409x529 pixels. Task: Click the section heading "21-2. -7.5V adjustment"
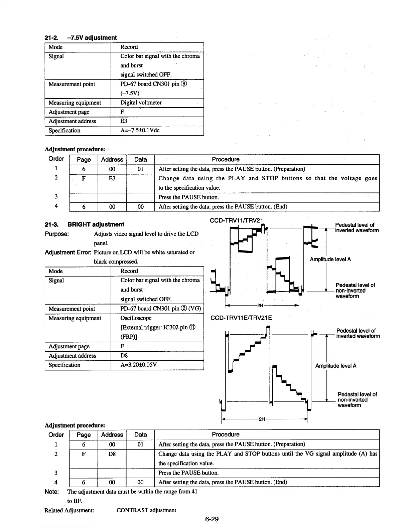point(81,38)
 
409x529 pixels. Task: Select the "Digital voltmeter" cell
point(141,103)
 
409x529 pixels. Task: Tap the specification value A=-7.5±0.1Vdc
point(140,130)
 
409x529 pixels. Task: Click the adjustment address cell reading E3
point(124,121)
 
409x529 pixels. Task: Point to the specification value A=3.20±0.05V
point(138,365)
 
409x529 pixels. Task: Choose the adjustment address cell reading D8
point(124,355)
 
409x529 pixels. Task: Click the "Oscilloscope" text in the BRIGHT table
point(136,318)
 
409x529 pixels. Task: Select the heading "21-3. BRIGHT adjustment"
point(84,224)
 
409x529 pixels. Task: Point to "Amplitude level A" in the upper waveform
point(330,259)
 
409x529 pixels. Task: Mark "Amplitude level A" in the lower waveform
point(335,366)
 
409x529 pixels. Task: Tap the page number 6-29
point(212,519)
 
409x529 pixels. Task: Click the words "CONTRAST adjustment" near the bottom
point(146,510)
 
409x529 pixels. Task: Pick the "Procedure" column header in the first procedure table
point(226,159)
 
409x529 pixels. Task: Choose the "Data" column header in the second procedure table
point(140,434)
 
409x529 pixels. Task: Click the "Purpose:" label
point(57,234)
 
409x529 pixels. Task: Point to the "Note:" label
point(52,492)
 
